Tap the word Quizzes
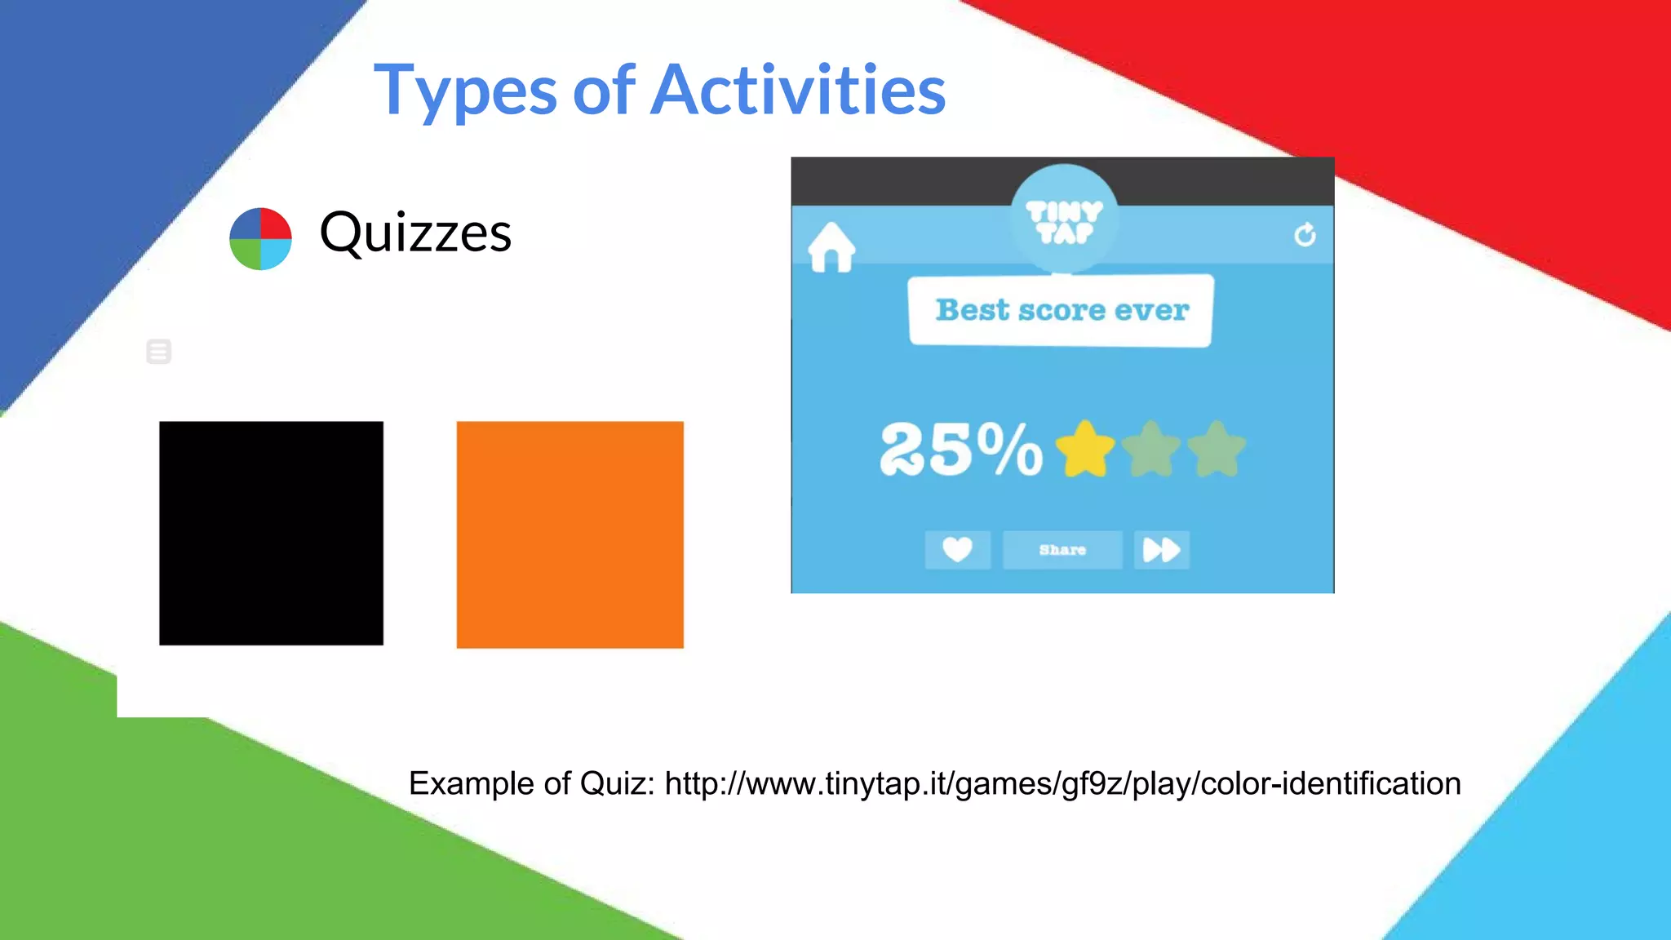pyautogui.click(x=415, y=233)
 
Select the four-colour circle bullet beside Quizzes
pyautogui.click(x=260, y=238)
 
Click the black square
pyautogui.click(x=271, y=533)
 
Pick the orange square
pyautogui.click(x=570, y=534)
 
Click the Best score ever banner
pyautogui.click(x=1062, y=310)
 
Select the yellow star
pyautogui.click(x=1084, y=449)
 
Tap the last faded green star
pyautogui.click(x=1217, y=449)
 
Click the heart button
pyautogui.click(x=957, y=549)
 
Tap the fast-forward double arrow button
pyautogui.click(x=1161, y=549)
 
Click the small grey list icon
pyautogui.click(x=158, y=352)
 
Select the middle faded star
pyautogui.click(x=1150, y=449)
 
